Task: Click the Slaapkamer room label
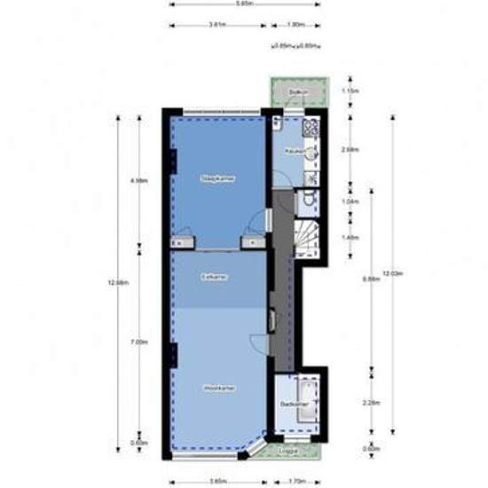[x=212, y=177]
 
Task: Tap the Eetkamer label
[x=214, y=278]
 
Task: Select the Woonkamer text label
[x=216, y=388]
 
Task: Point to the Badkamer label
[x=291, y=404]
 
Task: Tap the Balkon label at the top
[x=298, y=92]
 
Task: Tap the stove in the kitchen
[x=311, y=129]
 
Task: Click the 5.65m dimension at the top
[x=244, y=4]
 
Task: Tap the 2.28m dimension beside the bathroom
[x=350, y=402]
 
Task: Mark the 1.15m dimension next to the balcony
[x=349, y=91]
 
